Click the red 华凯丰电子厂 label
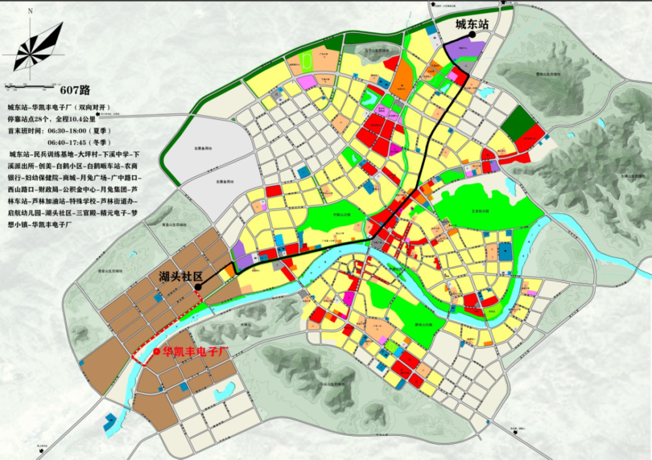(x=197, y=352)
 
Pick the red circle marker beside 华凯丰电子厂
(x=156, y=352)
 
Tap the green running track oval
(x=306, y=63)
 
